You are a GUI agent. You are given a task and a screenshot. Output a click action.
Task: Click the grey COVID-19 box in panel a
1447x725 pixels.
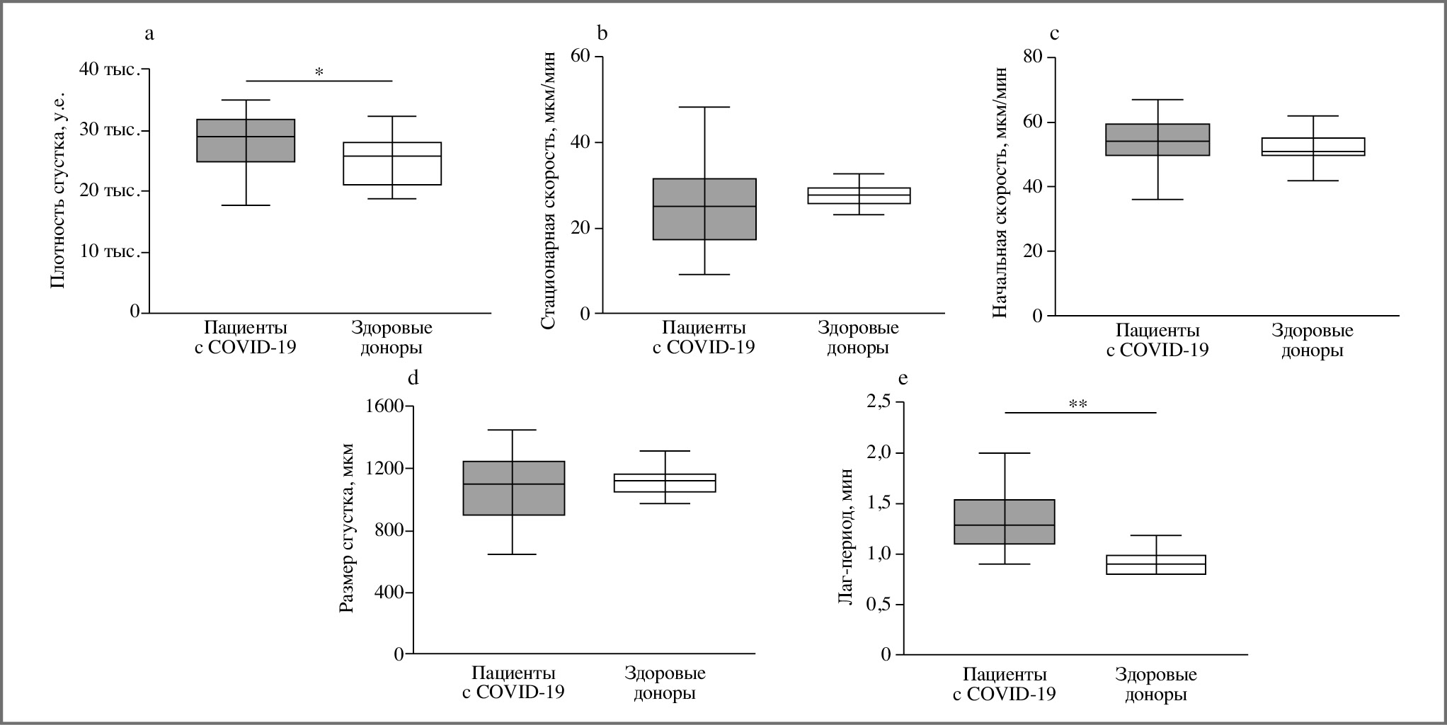pyautogui.click(x=246, y=140)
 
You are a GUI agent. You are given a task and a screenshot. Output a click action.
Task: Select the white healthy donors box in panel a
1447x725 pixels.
pyautogui.click(x=392, y=164)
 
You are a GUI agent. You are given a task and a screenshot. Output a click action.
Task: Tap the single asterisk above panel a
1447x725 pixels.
pyautogui.click(x=319, y=72)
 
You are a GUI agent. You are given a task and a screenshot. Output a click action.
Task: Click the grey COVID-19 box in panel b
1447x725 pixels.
pyautogui.click(x=704, y=209)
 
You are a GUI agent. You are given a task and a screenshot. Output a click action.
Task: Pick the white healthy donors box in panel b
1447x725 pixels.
pyautogui.click(x=859, y=195)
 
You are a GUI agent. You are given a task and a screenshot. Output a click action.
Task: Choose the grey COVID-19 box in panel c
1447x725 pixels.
pyautogui.click(x=1158, y=139)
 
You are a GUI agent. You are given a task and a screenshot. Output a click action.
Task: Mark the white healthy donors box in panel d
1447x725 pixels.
pyautogui.click(x=665, y=483)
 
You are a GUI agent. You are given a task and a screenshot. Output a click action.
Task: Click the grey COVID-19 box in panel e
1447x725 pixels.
pyautogui.click(x=1005, y=522)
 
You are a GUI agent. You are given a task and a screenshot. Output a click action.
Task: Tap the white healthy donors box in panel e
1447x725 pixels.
pyautogui.click(x=1156, y=564)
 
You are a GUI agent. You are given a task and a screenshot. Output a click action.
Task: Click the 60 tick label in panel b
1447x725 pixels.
pyautogui.click(x=580, y=56)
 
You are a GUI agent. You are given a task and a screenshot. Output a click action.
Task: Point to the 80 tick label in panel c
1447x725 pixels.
pyautogui.click(x=1034, y=57)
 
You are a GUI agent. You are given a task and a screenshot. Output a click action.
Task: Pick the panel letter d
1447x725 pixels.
pyautogui.click(x=413, y=378)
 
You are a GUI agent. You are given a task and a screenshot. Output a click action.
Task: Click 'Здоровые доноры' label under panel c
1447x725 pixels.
pyautogui.click(x=1312, y=340)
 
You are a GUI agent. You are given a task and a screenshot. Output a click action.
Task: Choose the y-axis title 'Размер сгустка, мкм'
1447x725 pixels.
pyautogui.click(x=347, y=527)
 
